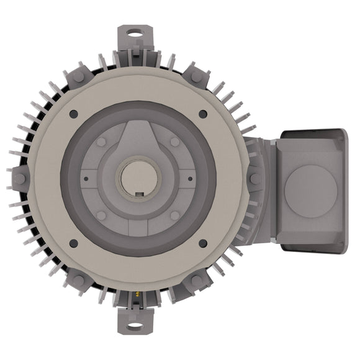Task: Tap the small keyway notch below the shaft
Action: (140, 197)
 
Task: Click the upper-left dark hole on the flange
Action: (73, 114)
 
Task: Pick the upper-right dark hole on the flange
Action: (203, 114)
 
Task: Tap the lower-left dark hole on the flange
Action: (73, 243)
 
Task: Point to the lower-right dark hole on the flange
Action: (203, 243)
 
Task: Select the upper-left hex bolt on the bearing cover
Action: (101, 142)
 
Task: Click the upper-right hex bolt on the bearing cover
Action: (175, 142)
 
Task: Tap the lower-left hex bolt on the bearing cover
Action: (101, 215)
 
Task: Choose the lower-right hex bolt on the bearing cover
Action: (175, 215)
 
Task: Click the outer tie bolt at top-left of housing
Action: (79, 77)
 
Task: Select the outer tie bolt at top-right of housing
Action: (197, 77)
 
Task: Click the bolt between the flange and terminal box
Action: (255, 179)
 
